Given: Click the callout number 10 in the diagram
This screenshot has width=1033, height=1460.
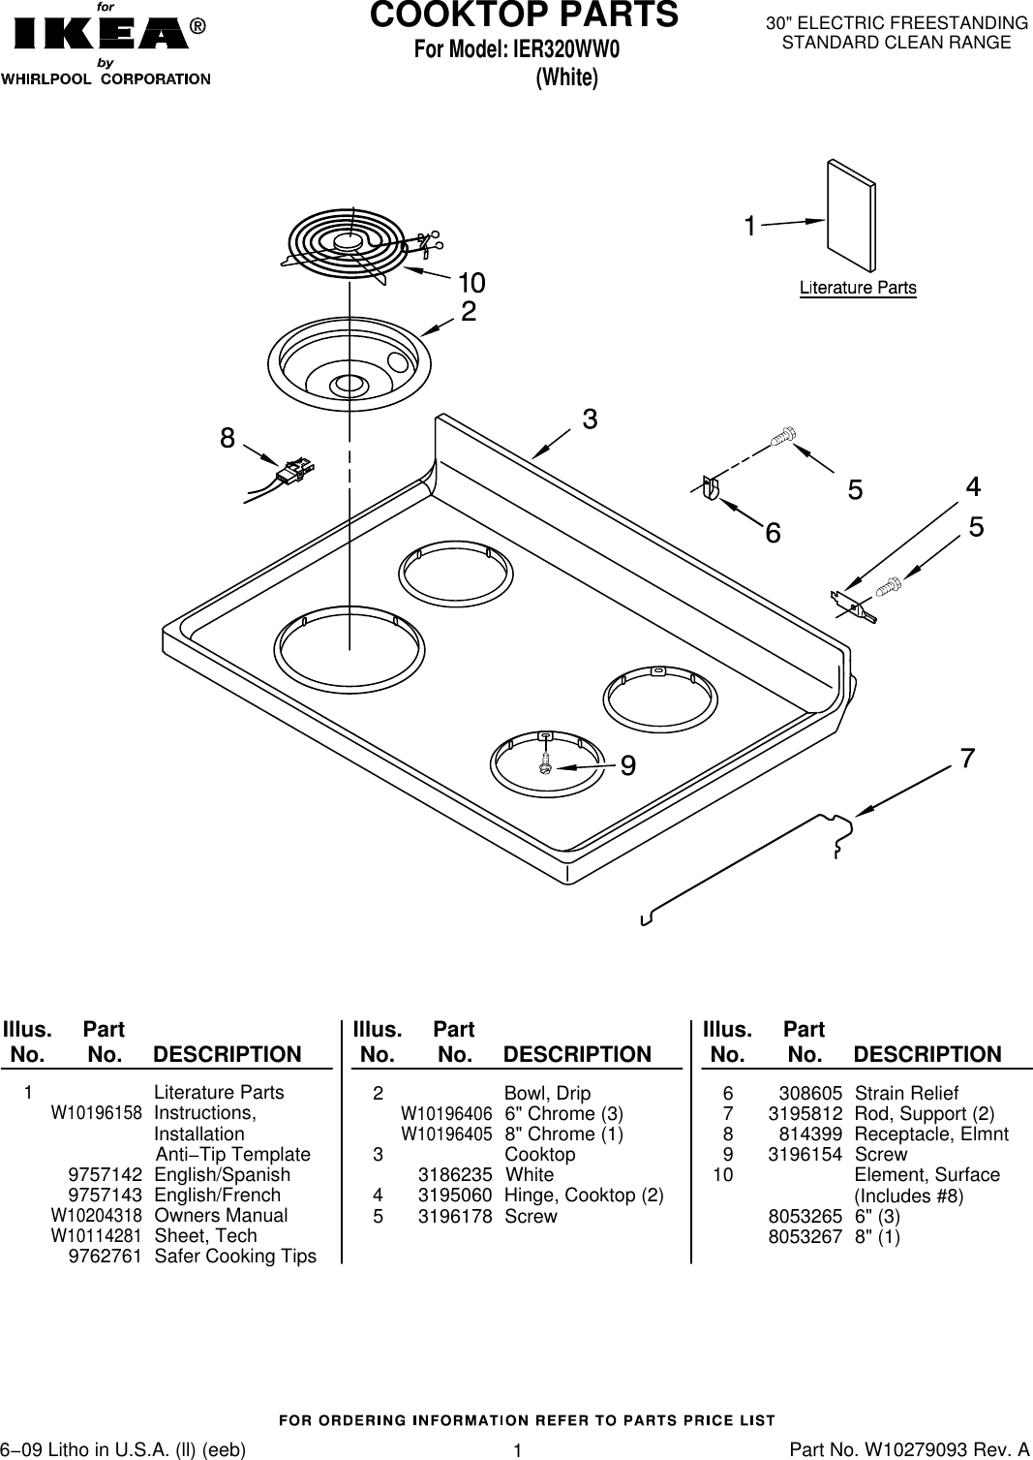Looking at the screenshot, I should [471, 283].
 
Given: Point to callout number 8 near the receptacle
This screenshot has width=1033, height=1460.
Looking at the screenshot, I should [227, 438].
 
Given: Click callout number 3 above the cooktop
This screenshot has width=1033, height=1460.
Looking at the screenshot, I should [589, 419].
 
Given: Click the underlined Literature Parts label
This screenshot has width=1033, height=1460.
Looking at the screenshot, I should [857, 288].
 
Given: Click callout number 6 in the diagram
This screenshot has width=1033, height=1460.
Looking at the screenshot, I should [773, 533].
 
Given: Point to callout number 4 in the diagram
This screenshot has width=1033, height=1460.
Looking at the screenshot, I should [973, 485].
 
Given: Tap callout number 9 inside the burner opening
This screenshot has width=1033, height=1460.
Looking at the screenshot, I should [627, 766].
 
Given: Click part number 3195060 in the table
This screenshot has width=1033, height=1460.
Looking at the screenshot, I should [454, 1196].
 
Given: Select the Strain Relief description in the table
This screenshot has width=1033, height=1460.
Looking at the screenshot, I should [906, 1093].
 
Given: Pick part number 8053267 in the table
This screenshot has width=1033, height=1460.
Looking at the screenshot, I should [805, 1236].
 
